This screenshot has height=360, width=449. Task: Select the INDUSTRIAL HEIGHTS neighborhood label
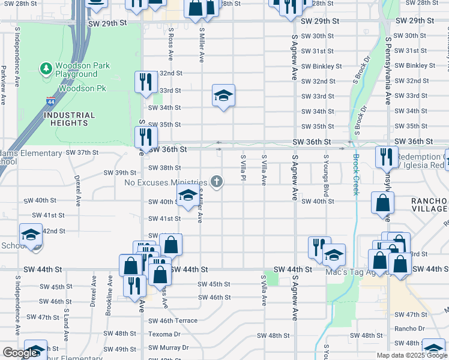tap(70, 119)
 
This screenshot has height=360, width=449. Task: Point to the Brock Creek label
tap(356, 175)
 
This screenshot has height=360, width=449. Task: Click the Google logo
tap(20, 353)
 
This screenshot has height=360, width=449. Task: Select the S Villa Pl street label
tap(243, 170)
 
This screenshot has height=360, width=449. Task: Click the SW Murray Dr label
tap(169, 348)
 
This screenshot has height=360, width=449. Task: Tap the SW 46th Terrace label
tap(173, 321)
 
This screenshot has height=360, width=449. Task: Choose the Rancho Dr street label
tap(409, 329)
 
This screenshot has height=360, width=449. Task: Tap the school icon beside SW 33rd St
tap(223, 95)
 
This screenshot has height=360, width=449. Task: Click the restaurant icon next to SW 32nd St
tap(145, 82)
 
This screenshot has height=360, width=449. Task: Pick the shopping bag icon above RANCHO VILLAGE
tap(382, 203)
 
